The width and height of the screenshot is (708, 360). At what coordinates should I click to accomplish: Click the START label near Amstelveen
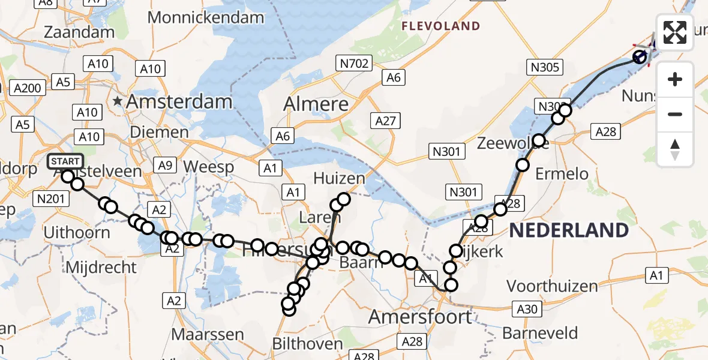65,161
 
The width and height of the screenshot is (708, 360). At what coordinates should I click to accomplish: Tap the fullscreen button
675,32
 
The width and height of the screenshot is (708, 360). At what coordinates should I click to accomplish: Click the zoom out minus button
675,114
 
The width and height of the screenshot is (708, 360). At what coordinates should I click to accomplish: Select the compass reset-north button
675,149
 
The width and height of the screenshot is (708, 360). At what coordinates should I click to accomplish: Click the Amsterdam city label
178,101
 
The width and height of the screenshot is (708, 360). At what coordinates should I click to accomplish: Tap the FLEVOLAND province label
441,26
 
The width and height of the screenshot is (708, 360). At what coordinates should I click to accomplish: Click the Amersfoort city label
420,317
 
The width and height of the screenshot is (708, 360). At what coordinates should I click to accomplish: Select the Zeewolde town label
505,143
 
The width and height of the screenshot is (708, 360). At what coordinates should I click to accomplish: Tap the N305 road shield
545,67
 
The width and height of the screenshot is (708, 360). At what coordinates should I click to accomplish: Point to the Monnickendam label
206,17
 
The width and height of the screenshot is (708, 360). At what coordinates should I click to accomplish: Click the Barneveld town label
540,333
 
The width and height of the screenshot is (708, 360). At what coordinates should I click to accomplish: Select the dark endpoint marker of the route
640,57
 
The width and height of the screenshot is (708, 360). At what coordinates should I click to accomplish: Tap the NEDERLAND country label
569,230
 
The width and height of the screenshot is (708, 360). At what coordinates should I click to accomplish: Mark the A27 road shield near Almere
385,121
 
